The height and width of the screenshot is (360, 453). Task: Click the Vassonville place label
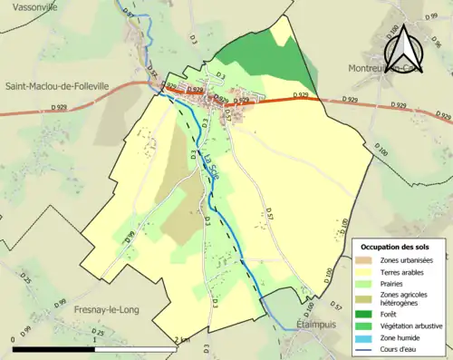click(x=30, y=6)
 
